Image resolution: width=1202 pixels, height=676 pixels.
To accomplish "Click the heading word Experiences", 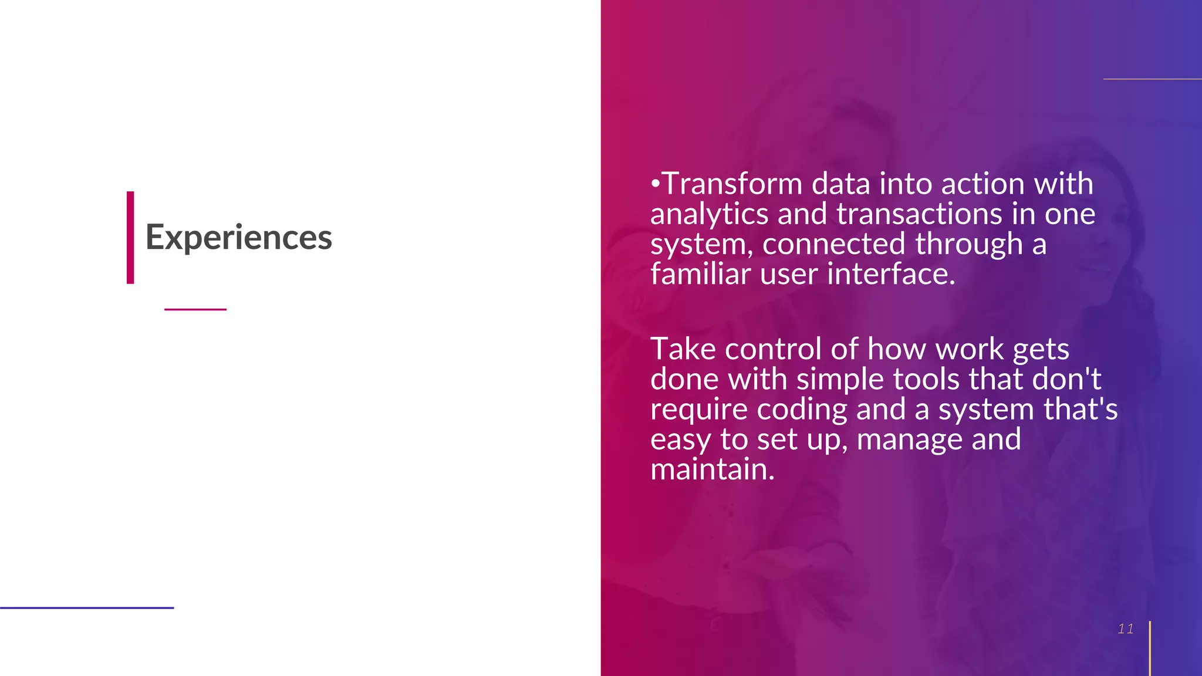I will click(x=238, y=238).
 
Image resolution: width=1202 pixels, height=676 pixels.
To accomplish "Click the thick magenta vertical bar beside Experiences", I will click(x=130, y=238).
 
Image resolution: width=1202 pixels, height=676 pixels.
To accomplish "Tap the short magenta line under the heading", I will click(x=195, y=309).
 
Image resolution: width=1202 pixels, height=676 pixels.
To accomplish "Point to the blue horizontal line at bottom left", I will click(x=87, y=608).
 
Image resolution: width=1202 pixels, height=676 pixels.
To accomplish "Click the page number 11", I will click(x=1125, y=629).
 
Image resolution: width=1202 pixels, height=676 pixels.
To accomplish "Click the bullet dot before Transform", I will click(x=655, y=184).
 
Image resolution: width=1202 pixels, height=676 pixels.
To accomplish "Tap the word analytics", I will click(x=709, y=215).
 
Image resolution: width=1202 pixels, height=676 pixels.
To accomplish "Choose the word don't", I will click(x=1066, y=380).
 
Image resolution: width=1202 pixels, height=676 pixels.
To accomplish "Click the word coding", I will click(x=802, y=410).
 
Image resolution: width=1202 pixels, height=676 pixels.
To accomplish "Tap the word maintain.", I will click(x=712, y=470).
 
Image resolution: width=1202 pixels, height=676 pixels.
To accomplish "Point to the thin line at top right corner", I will click(x=1152, y=79).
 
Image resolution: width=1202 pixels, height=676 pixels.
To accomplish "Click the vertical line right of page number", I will click(x=1150, y=648).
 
